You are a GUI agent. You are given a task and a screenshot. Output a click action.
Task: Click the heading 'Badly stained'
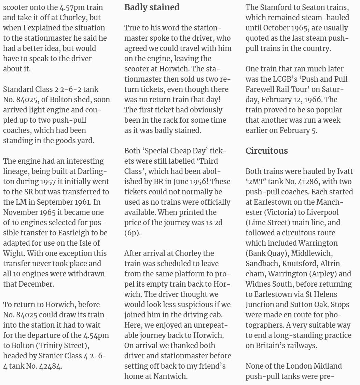(152, 7)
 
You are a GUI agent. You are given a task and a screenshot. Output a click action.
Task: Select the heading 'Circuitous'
(267, 151)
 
